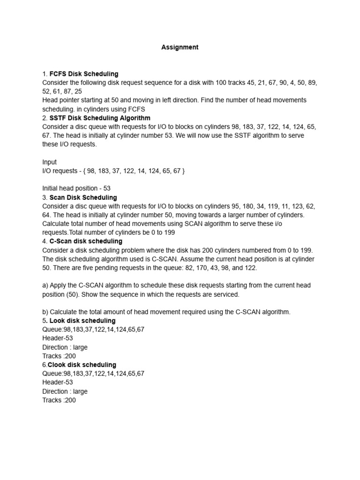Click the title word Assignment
[x=180, y=47]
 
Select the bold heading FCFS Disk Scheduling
[x=84, y=74]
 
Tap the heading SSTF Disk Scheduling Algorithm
[x=100, y=118]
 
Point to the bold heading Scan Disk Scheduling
[x=83, y=197]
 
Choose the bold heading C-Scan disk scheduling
[x=86, y=241]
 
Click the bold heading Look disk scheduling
[x=82, y=321]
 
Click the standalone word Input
[x=49, y=162]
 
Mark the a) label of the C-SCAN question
[x=45, y=285]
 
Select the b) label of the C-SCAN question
[x=45, y=312]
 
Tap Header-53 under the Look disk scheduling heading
[x=58, y=338]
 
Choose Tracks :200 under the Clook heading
[x=59, y=400]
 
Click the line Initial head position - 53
[x=76, y=188]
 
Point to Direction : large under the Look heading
[x=65, y=347]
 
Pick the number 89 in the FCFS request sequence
[x=312, y=82]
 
